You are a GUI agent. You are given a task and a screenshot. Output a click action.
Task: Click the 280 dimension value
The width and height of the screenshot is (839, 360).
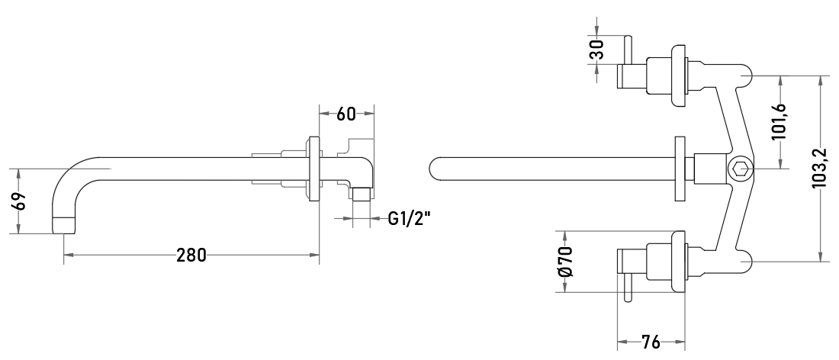point(191,256)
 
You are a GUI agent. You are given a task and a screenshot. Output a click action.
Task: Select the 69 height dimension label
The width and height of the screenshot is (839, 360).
point(19,201)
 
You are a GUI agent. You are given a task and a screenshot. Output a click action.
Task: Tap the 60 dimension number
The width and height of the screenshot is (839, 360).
point(346,114)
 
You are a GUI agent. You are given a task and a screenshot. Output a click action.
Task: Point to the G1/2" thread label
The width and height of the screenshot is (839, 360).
point(409,218)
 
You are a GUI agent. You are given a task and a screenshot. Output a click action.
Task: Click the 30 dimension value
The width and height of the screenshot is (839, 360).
point(596,50)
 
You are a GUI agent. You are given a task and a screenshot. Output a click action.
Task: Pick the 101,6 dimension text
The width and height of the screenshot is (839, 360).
point(779,121)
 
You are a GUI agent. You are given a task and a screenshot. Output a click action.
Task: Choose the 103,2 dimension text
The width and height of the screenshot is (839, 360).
point(819,169)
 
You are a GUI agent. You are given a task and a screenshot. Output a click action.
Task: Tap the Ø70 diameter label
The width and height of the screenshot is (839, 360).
point(565,262)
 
